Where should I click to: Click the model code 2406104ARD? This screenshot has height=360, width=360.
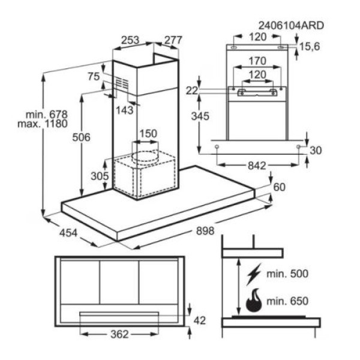[291, 25]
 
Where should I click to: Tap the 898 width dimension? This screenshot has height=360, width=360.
[205, 230]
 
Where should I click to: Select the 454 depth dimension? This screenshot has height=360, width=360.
[68, 233]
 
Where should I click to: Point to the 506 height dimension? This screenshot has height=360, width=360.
[81, 137]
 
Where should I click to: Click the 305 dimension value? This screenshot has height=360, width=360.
[100, 176]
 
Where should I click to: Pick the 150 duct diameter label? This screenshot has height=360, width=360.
[148, 134]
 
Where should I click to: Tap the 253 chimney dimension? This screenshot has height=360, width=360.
[130, 40]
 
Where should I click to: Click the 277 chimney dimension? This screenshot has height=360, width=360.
[173, 40]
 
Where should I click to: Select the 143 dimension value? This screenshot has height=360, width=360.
[124, 110]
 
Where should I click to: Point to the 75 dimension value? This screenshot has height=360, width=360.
[94, 76]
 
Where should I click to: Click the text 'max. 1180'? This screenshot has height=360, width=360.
[43, 124]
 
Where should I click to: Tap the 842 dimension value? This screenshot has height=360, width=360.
[257, 166]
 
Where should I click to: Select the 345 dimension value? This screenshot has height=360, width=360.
[200, 116]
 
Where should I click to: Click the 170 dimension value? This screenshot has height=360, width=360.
[257, 61]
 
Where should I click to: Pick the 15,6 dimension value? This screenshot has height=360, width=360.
[310, 47]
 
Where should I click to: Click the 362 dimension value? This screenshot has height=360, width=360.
[119, 334]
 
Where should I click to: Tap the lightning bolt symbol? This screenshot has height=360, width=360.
[254, 274]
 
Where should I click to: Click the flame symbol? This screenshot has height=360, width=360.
[254, 301]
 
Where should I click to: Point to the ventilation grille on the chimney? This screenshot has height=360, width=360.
[122, 83]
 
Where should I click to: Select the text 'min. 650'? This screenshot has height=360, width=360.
[287, 301]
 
